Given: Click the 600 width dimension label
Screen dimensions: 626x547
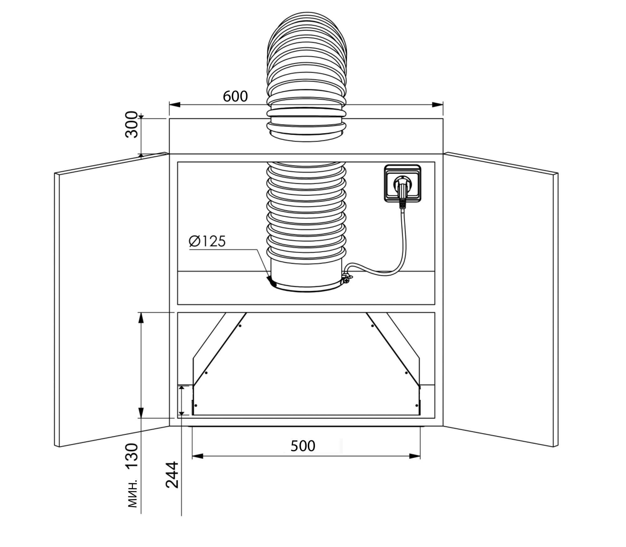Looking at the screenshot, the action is pos(235,96).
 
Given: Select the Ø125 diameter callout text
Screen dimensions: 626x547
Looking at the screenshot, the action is pos(207,241).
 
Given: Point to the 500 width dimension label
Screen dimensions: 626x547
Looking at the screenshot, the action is pos(303,446).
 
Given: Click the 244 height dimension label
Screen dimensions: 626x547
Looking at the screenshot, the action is pos(172,475).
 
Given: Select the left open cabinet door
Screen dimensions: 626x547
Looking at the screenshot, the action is pos(112,300).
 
